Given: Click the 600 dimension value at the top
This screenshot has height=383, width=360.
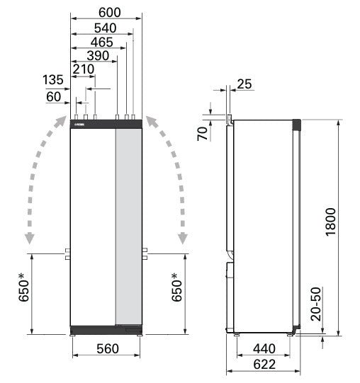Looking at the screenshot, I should point(106,12).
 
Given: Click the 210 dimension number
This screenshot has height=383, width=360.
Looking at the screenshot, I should point(84,69).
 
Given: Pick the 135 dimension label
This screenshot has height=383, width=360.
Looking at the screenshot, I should point(53,79).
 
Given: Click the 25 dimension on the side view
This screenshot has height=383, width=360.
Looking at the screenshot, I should point(244,84).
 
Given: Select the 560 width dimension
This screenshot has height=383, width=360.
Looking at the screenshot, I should point(107,349).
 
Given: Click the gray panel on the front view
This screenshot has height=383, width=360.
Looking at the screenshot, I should point(128,227).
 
